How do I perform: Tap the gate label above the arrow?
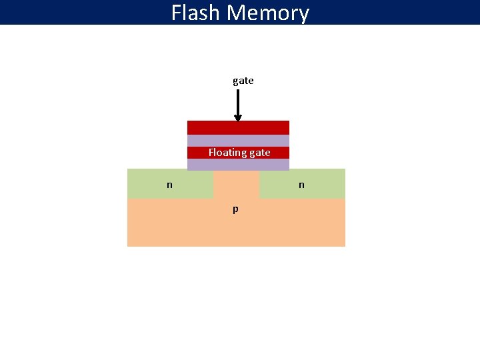coord(243,81)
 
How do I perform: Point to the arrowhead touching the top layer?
coord(238,118)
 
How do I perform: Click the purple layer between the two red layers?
coord(238,141)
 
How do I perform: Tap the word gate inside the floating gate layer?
coord(260,153)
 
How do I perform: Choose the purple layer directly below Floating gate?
coord(238,164)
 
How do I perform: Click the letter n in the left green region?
coord(169,185)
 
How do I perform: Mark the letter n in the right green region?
coord(301,185)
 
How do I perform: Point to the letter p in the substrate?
coord(235,209)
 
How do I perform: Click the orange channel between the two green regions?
coord(236,183)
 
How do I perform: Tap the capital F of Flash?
coord(177,13)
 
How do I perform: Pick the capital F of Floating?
coord(211,153)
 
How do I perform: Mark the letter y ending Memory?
coord(303,15)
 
